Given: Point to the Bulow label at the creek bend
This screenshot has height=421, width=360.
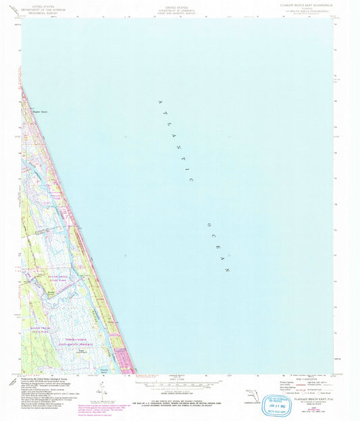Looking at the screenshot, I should (53, 289).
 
